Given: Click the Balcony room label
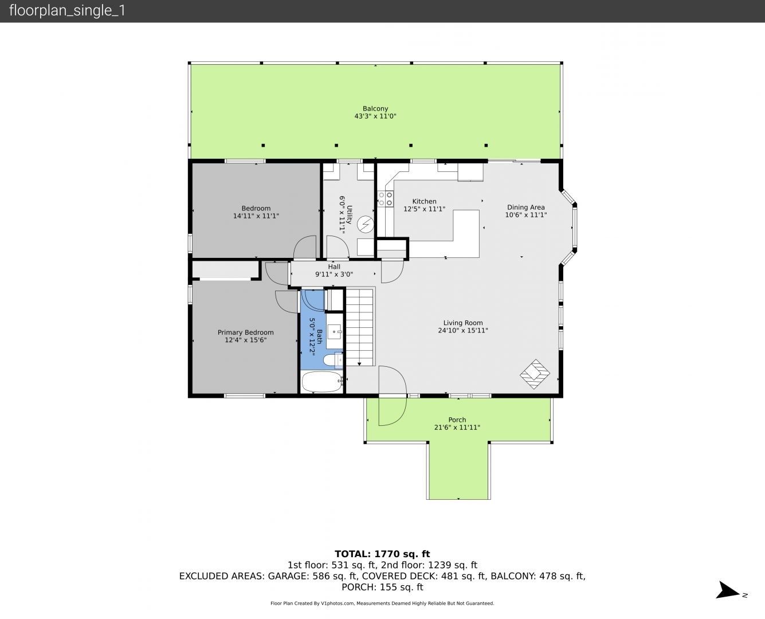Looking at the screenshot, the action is (x=375, y=108).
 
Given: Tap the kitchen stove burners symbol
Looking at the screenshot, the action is (x=386, y=199).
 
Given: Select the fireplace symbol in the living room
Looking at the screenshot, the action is (x=535, y=374).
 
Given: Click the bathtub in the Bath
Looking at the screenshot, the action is (x=322, y=382).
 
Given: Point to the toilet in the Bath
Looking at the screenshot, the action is (x=333, y=360).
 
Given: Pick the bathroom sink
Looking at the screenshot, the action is (x=335, y=332).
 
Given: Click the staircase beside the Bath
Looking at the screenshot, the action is (x=359, y=326).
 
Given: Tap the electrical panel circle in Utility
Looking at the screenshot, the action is (x=365, y=225).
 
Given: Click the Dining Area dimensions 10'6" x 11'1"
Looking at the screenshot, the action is (x=526, y=215).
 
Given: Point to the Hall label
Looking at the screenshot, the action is (x=334, y=267).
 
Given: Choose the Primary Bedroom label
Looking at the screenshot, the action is (x=246, y=332).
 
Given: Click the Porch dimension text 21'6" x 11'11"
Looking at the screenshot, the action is (x=457, y=427).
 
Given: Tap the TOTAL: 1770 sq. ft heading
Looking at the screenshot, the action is (x=382, y=554).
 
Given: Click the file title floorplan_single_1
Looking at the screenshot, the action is (x=67, y=11).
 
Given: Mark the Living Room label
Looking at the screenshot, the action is (x=463, y=323).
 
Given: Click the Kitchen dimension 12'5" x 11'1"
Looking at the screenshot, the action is (x=424, y=209).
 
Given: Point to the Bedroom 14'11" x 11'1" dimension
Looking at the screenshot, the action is (x=256, y=216).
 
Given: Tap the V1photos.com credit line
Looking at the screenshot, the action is (x=382, y=603).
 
